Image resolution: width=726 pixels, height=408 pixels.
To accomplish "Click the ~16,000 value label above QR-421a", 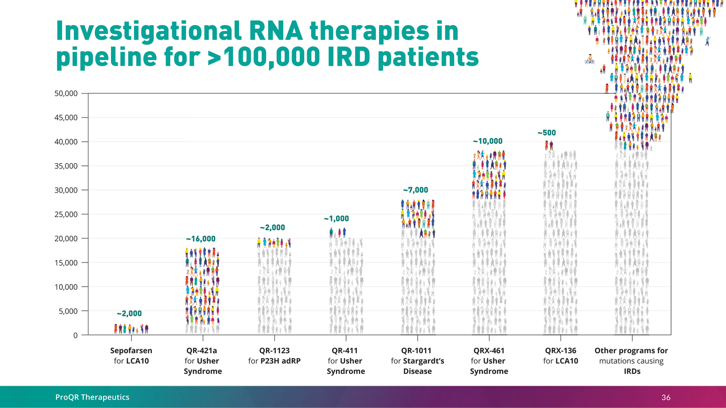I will pos(200,239).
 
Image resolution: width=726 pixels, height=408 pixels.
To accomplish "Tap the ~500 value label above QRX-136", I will pos(546,133).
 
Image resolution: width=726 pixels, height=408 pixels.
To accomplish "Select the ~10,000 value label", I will pos(487,141).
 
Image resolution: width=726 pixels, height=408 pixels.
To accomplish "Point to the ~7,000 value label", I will pos(415,190).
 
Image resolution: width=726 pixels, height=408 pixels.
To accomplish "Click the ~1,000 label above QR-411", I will pos(336,219).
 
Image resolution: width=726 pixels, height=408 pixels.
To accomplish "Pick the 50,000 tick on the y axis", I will pos(66,94).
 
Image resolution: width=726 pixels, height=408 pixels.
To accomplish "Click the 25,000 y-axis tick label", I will pos(66,214).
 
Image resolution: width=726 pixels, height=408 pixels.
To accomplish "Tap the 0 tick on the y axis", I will pos(76,335).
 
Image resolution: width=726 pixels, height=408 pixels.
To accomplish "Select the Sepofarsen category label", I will pos(131,351).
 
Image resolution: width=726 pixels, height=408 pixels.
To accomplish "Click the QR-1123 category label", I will pos(274,351).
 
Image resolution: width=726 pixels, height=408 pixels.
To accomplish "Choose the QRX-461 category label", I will pos(489,351).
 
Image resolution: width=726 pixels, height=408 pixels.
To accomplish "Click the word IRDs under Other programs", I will pos(631,371).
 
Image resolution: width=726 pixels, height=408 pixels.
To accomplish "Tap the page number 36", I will pos(666,398).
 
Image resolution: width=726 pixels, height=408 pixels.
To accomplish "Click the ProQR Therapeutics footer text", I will pos(93,398).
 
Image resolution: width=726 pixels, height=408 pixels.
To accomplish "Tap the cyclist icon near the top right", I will pos(589,59).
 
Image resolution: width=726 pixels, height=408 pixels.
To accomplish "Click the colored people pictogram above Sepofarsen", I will pos(131,328).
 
